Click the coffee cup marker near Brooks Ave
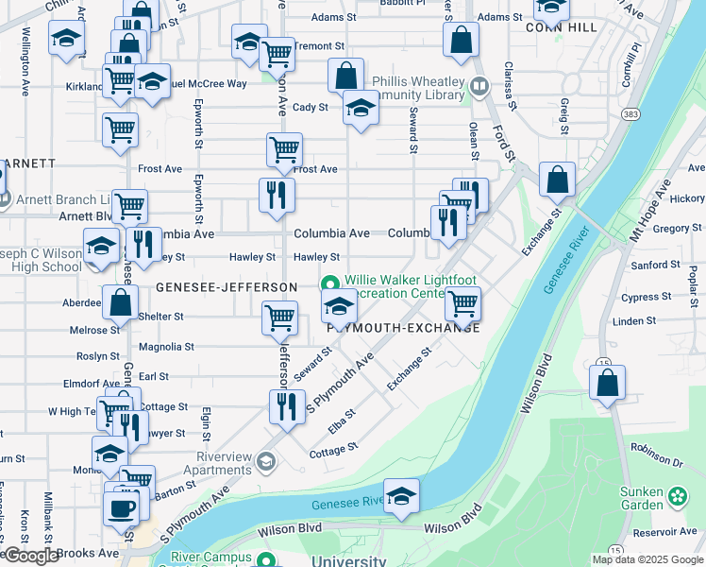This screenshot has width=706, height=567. pyautogui.click(x=120, y=507)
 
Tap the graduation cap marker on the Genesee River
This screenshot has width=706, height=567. pyautogui.click(x=401, y=495)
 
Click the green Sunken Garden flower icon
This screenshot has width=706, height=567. pyautogui.click(x=678, y=495)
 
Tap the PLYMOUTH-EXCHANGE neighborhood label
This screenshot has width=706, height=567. pyautogui.click(x=404, y=328)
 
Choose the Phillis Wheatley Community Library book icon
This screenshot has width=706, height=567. pyautogui.click(x=479, y=87)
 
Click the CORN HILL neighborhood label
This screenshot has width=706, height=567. pyautogui.click(x=563, y=28)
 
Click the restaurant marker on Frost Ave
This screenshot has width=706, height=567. pyautogui.click(x=277, y=195)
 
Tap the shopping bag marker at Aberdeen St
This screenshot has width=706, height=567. pyautogui.click(x=120, y=303)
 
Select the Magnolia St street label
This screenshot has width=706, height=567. pyautogui.click(x=166, y=347)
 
